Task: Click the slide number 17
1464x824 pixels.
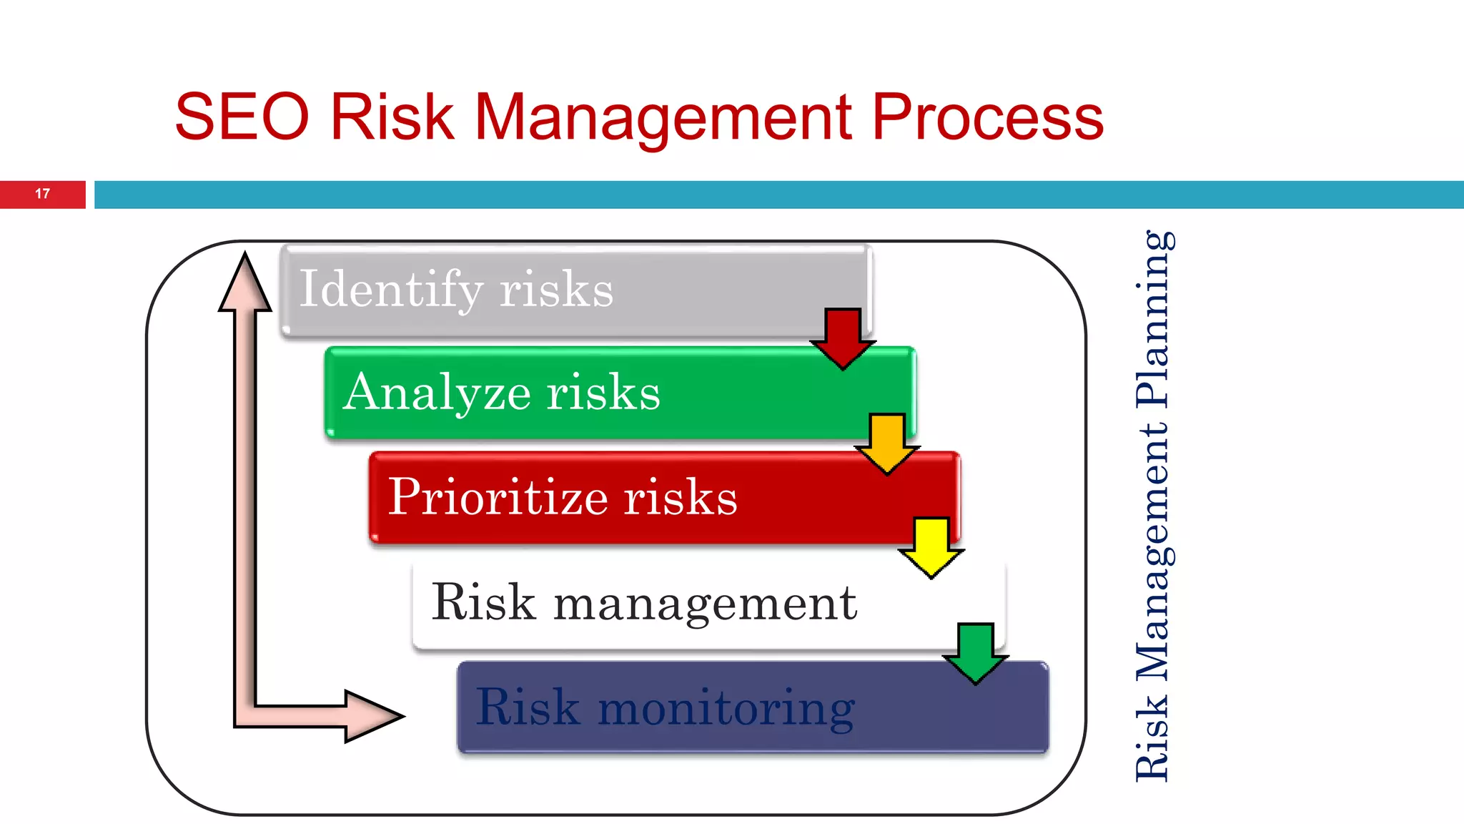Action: pos(42,194)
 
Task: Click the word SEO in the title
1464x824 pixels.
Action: pos(242,117)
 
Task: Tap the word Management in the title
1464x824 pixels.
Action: pos(663,117)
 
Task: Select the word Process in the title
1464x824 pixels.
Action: pos(987,117)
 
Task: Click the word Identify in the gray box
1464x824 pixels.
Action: pos(391,289)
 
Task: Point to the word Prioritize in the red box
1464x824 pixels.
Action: pos(498,496)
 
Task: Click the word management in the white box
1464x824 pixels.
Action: pos(705,602)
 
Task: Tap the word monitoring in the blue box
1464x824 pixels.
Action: pos(726,707)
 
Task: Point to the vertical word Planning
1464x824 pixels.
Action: pos(1153,319)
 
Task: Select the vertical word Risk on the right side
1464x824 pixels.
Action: pos(1153,738)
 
